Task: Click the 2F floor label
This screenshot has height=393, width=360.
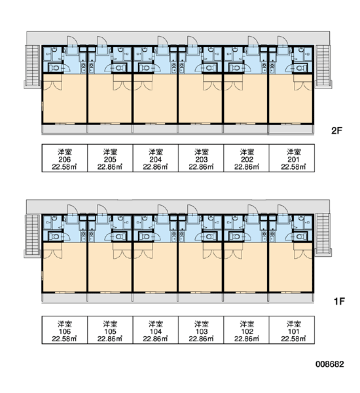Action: (336, 130)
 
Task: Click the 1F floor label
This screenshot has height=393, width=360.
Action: (339, 301)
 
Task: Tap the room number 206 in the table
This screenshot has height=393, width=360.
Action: (65, 159)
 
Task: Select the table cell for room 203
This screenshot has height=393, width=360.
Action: (201, 158)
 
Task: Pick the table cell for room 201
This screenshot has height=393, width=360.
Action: (292, 158)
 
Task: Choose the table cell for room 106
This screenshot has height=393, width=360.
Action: (65, 329)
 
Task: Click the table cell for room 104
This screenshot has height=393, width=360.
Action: (156, 329)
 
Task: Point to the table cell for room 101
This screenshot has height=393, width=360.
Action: (292, 329)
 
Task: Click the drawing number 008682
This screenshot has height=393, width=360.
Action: (330, 364)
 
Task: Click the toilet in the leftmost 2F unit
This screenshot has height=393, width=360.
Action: (54, 67)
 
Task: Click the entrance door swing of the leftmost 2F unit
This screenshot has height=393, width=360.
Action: (73, 41)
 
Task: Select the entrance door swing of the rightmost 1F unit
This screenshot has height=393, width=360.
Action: (283, 210)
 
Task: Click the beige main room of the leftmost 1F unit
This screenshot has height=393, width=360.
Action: (65, 267)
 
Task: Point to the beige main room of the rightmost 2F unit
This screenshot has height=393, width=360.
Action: (291, 98)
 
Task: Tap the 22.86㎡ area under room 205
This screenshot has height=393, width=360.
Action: (110, 166)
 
